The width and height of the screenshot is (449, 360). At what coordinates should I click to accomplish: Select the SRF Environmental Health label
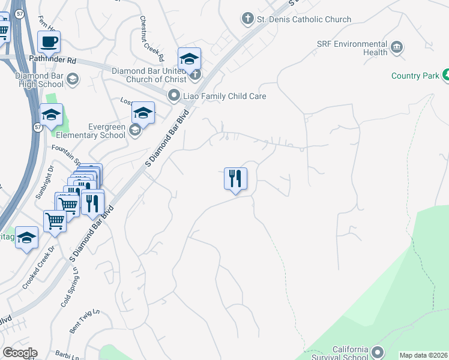352,48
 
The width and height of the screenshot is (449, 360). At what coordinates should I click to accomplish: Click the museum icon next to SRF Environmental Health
396,47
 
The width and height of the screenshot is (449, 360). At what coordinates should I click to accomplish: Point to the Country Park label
415,76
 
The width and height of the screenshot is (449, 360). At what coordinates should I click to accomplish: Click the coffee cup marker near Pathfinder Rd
49,43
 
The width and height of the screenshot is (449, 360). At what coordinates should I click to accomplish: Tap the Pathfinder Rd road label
52,60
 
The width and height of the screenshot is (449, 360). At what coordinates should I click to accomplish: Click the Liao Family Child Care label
224,96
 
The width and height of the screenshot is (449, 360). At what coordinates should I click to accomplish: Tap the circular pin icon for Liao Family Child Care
174,95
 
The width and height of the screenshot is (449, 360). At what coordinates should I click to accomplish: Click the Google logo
20,353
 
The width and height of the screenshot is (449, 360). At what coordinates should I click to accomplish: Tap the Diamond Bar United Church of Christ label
150,75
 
